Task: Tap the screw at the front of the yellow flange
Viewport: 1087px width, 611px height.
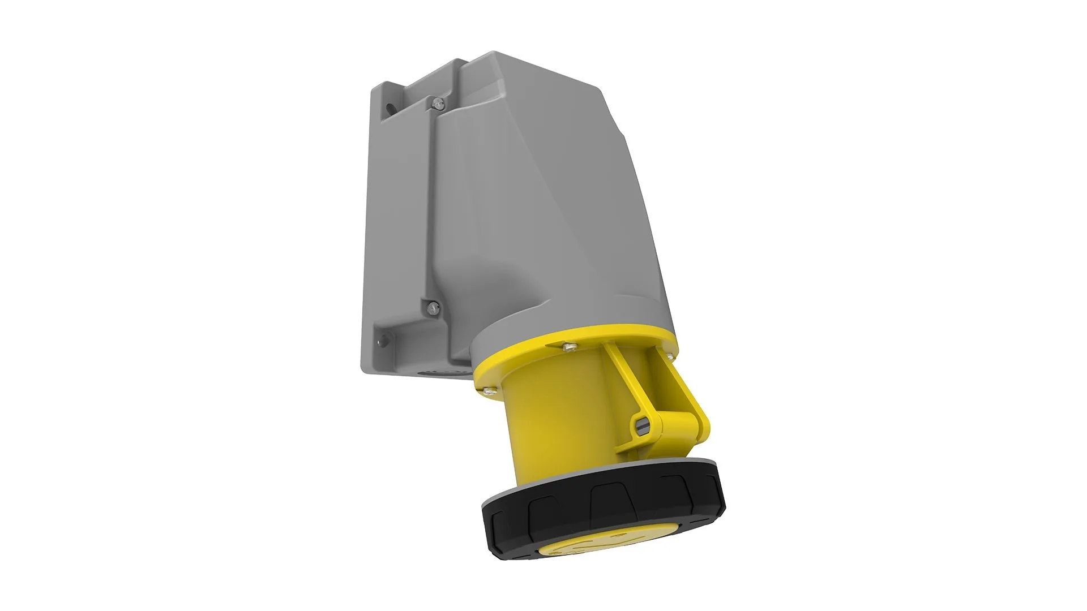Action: pos(568,346)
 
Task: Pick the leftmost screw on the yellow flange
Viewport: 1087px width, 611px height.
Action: pos(487,390)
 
